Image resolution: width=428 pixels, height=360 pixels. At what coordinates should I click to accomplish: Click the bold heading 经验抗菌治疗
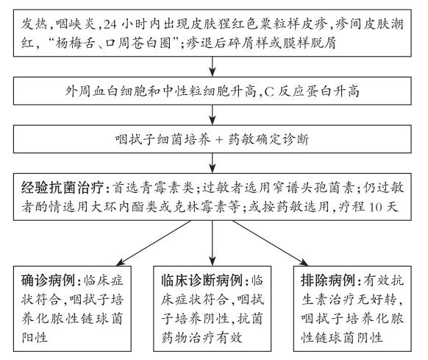[x=63, y=188]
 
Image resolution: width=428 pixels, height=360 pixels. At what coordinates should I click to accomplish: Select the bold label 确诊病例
[x=48, y=280]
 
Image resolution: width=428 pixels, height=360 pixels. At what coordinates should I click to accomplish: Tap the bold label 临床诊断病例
[x=201, y=280]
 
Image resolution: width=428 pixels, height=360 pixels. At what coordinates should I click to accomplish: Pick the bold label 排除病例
[x=327, y=280]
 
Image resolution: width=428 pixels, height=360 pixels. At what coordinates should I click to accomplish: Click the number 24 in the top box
[x=110, y=24]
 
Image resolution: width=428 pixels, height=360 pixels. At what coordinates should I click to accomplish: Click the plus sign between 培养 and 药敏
[x=219, y=139]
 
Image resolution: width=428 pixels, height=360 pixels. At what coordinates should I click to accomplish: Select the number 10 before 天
[x=376, y=207]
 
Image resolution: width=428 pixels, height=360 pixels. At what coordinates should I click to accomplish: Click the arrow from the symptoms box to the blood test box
[x=213, y=67]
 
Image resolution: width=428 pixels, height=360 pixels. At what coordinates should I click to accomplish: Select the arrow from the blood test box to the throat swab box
[x=213, y=115]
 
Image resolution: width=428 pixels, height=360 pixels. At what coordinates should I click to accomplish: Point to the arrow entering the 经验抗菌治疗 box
[x=213, y=163]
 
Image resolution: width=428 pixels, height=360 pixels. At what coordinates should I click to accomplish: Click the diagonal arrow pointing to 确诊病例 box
[x=154, y=243]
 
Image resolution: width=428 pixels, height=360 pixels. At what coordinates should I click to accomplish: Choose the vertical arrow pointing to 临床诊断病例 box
[x=213, y=243]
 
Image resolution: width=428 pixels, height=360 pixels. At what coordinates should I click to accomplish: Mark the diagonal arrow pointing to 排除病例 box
[x=271, y=243]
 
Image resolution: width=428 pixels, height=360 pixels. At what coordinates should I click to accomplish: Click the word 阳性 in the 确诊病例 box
[x=35, y=337]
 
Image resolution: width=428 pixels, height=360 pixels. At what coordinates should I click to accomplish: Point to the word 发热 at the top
[x=35, y=24]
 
